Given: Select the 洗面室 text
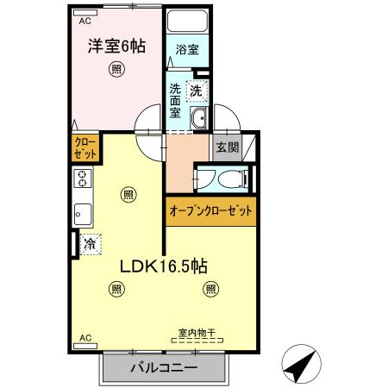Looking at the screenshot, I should (175, 100).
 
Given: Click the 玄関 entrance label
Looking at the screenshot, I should (227, 147).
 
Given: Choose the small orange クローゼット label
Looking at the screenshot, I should (85, 146).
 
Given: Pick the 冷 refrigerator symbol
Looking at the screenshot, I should (90, 244).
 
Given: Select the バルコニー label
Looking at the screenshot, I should (165, 368).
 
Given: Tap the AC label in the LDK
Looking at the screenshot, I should (84, 338).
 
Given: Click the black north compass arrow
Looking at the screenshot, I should (299, 367).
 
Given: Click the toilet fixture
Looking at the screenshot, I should (226, 178).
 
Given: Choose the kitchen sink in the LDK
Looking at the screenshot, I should (83, 212).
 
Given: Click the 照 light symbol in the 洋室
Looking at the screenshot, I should (115, 72).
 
